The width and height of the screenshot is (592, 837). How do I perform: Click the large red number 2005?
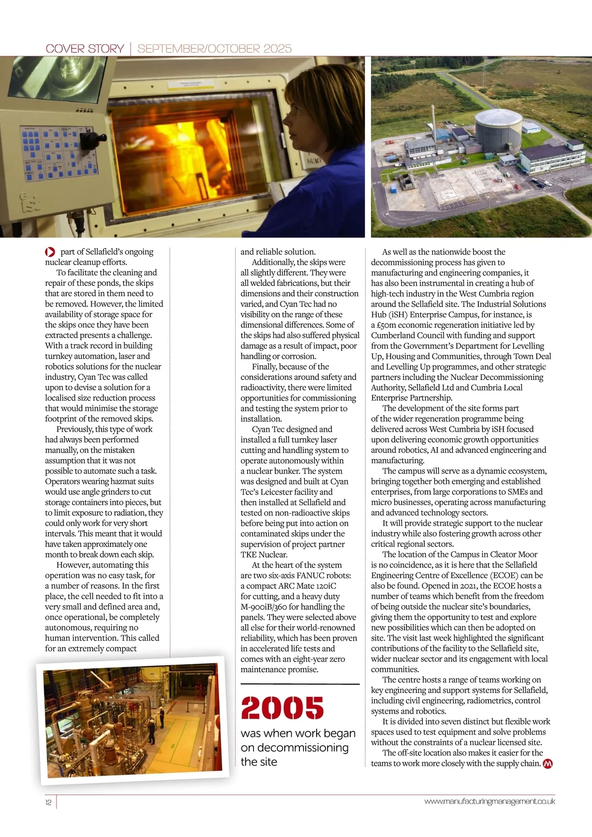(282, 707)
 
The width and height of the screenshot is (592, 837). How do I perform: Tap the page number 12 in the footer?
(48, 802)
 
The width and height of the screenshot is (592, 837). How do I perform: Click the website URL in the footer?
(489, 801)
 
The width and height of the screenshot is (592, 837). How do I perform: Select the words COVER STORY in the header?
(84, 48)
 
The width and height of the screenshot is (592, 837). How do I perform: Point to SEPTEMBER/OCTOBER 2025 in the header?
(215, 48)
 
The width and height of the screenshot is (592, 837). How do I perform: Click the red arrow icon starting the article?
(50, 252)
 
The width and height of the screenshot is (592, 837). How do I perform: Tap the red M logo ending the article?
(548, 763)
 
